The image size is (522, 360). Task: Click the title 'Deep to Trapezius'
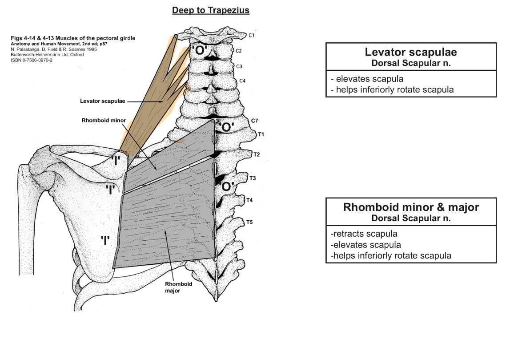[211, 10]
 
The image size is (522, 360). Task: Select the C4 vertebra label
[242, 81]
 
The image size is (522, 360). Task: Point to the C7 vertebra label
[254, 121]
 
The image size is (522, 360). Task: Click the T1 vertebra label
[261, 133]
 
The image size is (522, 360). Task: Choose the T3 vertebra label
[253, 178]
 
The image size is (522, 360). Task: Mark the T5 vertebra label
[249, 222]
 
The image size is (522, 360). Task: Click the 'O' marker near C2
[200, 51]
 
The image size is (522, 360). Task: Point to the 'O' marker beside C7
[226, 127]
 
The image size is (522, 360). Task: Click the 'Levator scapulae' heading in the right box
[410, 52]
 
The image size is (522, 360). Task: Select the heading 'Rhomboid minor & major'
[410, 207]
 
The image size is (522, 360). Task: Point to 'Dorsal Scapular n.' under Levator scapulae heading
[410, 63]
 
